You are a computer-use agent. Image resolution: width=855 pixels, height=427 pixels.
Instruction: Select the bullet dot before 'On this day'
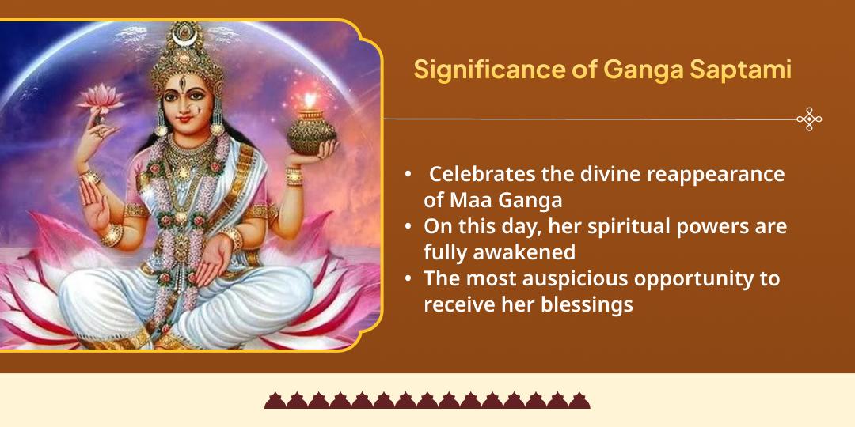408,227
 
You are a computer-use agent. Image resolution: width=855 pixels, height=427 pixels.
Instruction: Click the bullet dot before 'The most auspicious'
408,279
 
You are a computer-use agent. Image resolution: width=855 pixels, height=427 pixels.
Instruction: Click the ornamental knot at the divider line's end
809,119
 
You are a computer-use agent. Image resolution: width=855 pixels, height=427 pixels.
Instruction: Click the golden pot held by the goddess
311,132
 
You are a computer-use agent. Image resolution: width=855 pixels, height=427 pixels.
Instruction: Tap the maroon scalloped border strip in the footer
427,400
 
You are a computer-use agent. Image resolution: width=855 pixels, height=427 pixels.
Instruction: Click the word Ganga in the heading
644,70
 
